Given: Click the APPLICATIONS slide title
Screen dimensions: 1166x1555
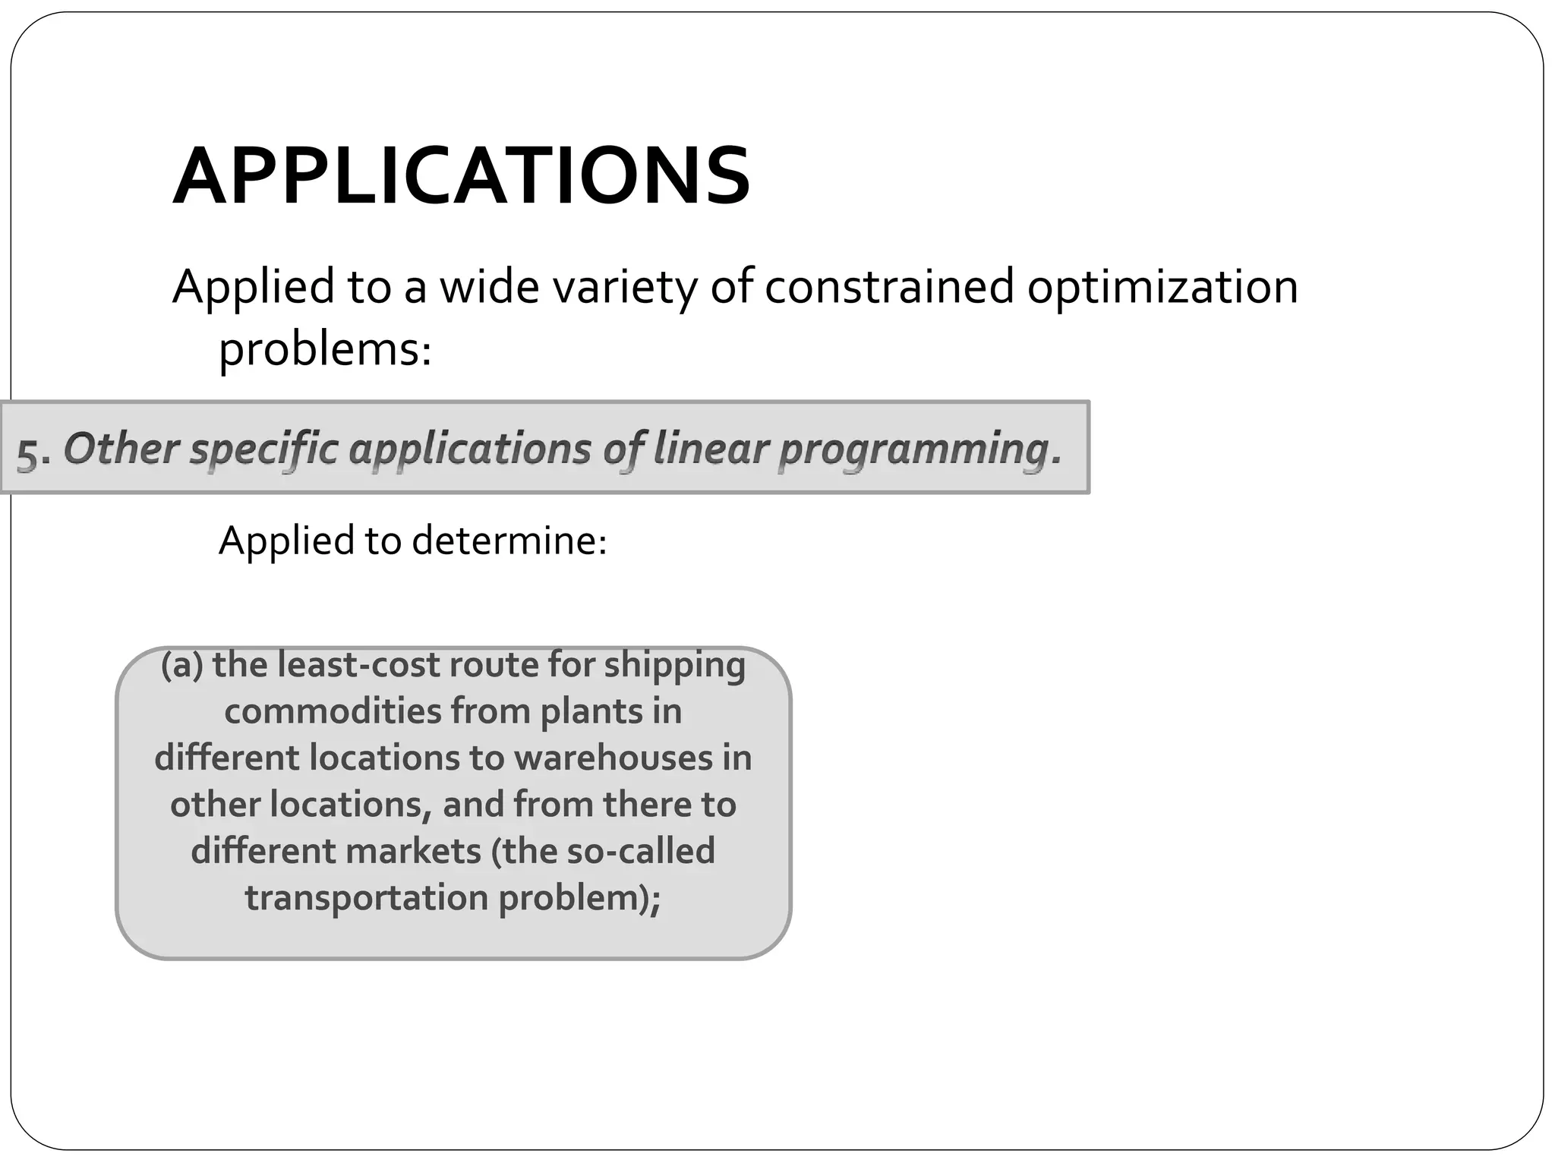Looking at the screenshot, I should coord(462,177).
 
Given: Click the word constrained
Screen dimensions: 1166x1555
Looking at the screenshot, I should coord(889,287).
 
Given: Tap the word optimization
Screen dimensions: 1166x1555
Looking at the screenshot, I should coord(1162,287).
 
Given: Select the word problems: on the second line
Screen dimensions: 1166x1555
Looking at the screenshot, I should coord(325,350).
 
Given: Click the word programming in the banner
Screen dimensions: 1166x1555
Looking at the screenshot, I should coord(919,449).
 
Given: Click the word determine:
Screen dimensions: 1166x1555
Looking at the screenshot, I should coord(509,541).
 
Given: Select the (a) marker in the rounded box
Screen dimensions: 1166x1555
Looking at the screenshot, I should coord(182,665).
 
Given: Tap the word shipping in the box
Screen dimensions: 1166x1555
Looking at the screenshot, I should coord(674,667).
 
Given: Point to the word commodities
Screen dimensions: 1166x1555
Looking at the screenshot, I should coord(333,711).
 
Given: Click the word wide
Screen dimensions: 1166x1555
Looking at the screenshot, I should coord(490,287).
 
